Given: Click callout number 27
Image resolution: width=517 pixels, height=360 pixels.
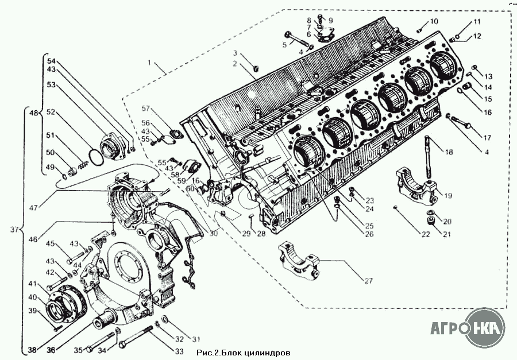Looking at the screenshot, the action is click(x=369, y=281).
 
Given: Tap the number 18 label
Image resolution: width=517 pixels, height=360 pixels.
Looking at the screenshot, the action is click(x=449, y=152).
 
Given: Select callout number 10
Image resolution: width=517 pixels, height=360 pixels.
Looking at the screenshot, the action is click(x=434, y=21).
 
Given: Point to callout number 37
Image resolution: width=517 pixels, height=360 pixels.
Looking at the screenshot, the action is click(x=14, y=230).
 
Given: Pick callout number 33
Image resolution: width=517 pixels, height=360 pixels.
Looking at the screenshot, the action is click(x=179, y=351).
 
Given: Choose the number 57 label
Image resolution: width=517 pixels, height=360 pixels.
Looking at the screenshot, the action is click(x=146, y=109).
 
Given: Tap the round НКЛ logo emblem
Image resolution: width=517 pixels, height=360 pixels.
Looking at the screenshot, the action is click(x=486, y=327).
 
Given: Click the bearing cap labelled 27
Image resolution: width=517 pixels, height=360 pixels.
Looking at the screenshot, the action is click(x=300, y=261).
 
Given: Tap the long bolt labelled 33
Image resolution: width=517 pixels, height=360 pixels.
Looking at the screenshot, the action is click(x=136, y=336).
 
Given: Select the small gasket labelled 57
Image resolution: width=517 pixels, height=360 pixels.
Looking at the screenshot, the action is click(x=175, y=134).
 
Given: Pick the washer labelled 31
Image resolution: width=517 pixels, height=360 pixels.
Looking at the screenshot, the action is click(x=164, y=319).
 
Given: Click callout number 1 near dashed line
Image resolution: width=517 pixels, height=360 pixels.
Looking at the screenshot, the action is click(x=149, y=63).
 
